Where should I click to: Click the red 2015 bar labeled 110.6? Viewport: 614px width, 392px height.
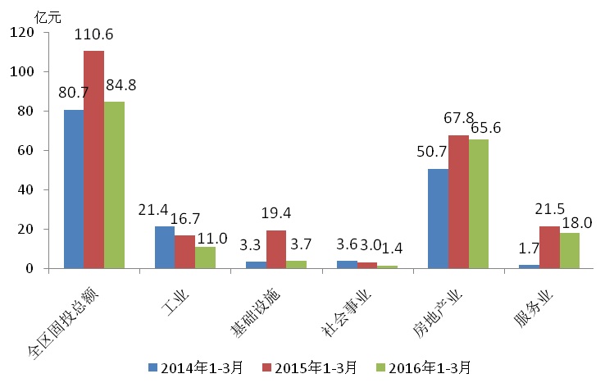tap(93, 160)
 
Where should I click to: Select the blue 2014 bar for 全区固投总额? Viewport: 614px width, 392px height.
tap(74, 189)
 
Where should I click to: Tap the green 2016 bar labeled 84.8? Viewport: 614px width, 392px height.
tap(114, 185)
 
